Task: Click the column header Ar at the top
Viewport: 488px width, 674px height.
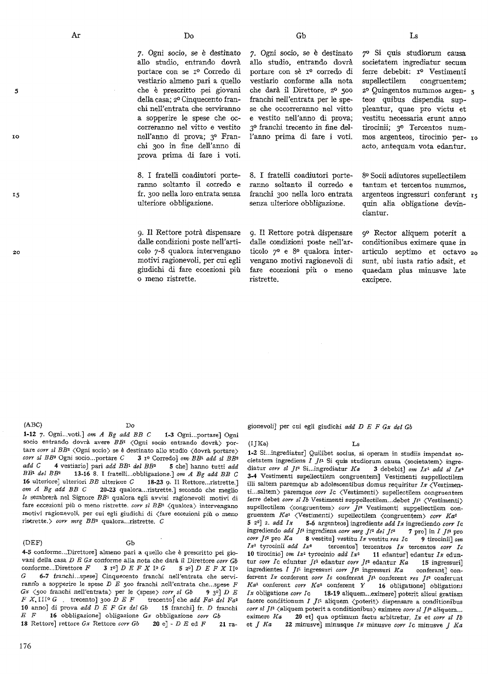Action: [75, 36]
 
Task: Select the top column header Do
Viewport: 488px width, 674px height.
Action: [189, 36]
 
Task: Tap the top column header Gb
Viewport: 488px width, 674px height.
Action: [300, 36]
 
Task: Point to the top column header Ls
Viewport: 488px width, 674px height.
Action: [414, 36]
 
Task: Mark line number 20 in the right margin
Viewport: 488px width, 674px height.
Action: [474, 253]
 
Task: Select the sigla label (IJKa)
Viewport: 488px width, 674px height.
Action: [259, 444]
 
